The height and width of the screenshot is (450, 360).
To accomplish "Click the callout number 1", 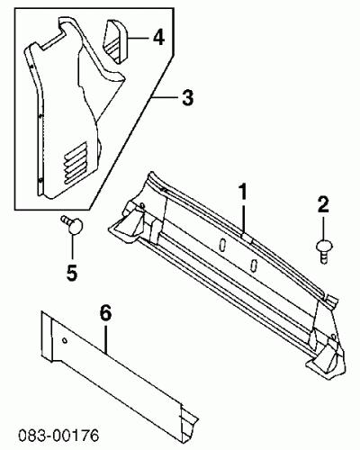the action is pyautogui.click(x=242, y=192).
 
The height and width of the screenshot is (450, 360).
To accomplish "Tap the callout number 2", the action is pyautogui.click(x=323, y=204).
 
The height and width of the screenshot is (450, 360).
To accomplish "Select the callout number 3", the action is pyautogui.click(x=187, y=97).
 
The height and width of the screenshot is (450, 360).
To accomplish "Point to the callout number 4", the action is pyautogui.click(x=158, y=38).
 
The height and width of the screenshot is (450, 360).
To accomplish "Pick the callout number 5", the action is pyautogui.click(x=72, y=273).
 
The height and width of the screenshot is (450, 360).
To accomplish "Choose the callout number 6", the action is pyautogui.click(x=105, y=313).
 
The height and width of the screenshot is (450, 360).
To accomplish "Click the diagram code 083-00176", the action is pyautogui.click(x=58, y=436).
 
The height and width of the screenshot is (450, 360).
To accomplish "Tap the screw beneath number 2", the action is pyautogui.click(x=323, y=251).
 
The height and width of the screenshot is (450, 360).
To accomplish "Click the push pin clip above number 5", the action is pyautogui.click(x=72, y=224).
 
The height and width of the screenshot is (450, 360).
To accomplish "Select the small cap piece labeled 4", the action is pyautogui.click(x=116, y=41).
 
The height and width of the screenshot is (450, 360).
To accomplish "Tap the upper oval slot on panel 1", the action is pyautogui.click(x=222, y=245).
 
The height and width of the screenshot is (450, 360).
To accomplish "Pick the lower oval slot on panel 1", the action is pyautogui.click(x=254, y=265).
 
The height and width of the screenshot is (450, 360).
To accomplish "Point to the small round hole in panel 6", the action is pyautogui.click(x=65, y=340).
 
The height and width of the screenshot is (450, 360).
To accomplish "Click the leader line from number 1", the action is pyautogui.click(x=243, y=219).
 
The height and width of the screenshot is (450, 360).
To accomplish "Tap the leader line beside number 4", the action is pyautogui.click(x=139, y=38).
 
